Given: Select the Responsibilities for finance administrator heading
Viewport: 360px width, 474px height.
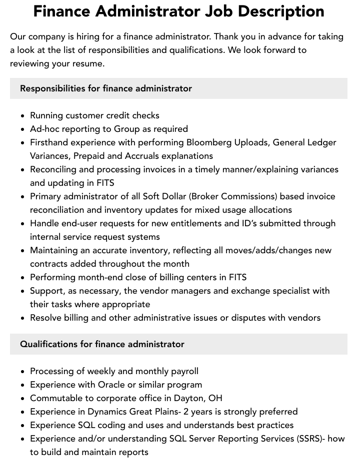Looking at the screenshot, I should tap(106, 88).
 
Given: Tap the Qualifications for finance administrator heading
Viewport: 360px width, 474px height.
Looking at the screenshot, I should tap(102, 344).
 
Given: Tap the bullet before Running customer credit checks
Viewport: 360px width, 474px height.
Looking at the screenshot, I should tap(22, 116).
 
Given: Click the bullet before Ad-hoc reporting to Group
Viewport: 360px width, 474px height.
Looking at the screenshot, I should tap(22, 129).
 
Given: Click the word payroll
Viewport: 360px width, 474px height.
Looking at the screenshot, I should tap(182, 371).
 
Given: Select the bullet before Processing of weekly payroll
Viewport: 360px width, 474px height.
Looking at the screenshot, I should tap(22, 372).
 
